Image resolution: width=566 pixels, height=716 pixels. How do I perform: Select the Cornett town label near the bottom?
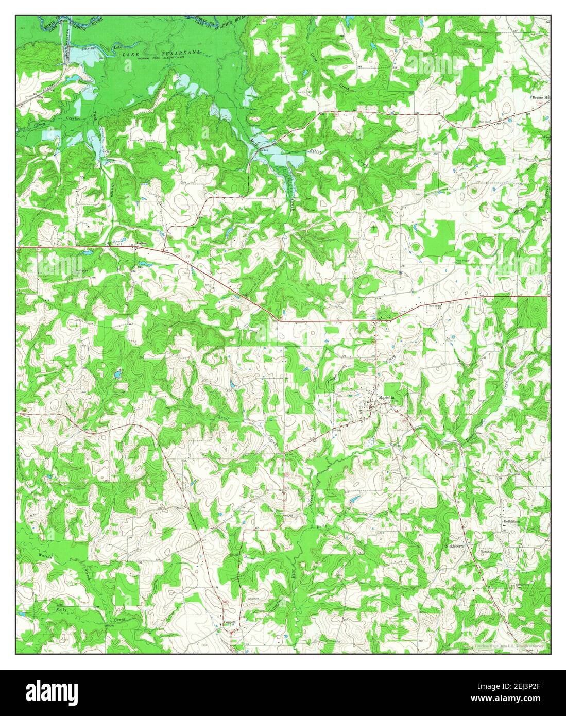230,622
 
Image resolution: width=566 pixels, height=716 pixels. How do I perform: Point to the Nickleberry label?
455,546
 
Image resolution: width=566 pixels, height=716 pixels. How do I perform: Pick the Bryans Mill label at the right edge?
541,97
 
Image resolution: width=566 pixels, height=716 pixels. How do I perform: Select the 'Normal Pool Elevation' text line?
161,58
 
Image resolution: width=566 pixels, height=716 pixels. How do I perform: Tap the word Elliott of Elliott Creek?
315,151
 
